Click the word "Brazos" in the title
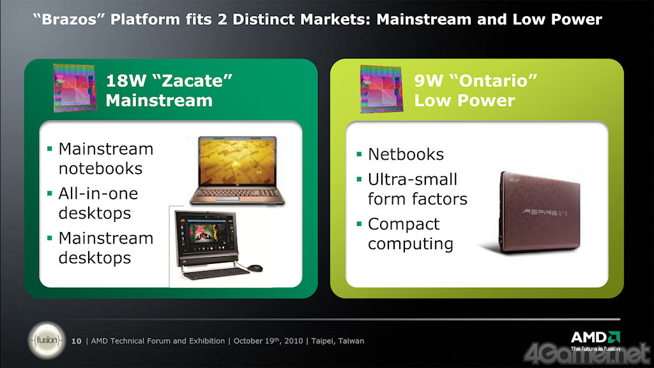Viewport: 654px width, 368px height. pos(69,20)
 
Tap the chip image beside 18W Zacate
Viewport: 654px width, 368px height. pos(75,88)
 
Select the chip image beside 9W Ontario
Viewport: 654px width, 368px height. pos(381,89)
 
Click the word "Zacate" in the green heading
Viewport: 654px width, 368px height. pos(193,80)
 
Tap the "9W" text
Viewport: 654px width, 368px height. pos(429,80)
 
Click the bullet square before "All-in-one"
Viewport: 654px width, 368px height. pos(50,193)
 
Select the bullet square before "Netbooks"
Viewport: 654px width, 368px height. pos(359,154)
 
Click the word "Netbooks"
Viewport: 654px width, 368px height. pos(406,155)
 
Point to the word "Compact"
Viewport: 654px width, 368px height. pos(404,224)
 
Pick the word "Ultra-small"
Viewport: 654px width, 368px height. pos(413,180)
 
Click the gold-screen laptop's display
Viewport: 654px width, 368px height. pos(238,161)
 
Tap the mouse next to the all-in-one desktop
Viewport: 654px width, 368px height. pos(254,268)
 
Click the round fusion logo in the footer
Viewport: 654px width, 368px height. pos(47,340)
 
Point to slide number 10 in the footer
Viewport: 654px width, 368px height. pos(77,341)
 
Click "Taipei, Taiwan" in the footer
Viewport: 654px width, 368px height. pos(337,341)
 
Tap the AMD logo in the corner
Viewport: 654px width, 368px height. pos(595,340)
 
